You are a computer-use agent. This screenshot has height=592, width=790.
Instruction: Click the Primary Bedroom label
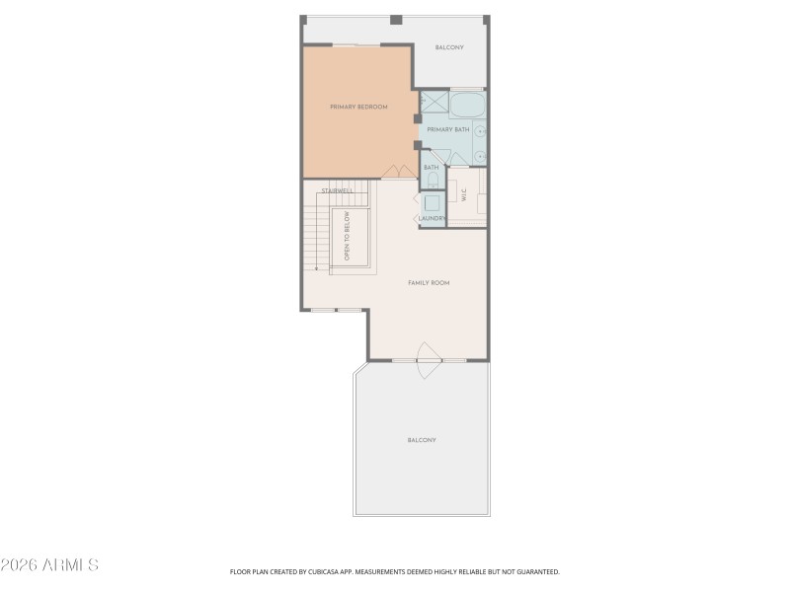tap(357, 107)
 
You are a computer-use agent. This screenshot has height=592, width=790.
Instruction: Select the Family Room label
tap(429, 283)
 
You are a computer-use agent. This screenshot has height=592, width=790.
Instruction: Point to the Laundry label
tap(433, 218)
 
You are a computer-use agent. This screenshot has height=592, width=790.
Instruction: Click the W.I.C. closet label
tap(463, 195)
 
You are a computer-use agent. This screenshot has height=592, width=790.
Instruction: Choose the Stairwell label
tap(337, 189)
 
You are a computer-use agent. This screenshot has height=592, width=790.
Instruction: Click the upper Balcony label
tap(449, 47)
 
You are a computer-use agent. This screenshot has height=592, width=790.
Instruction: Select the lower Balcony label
tap(422, 440)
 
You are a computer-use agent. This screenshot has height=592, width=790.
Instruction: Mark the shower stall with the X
tap(434, 102)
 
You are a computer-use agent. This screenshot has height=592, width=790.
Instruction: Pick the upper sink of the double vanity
tap(480, 130)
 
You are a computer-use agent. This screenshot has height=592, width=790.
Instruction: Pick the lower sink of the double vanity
tap(480, 154)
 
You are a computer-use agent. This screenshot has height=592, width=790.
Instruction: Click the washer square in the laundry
tap(433, 202)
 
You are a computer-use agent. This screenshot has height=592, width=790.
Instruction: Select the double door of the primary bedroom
tap(398, 172)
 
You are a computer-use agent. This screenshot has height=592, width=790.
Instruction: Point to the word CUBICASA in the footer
tap(319, 571)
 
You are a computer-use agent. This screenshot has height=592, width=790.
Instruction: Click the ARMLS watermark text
tap(49, 565)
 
